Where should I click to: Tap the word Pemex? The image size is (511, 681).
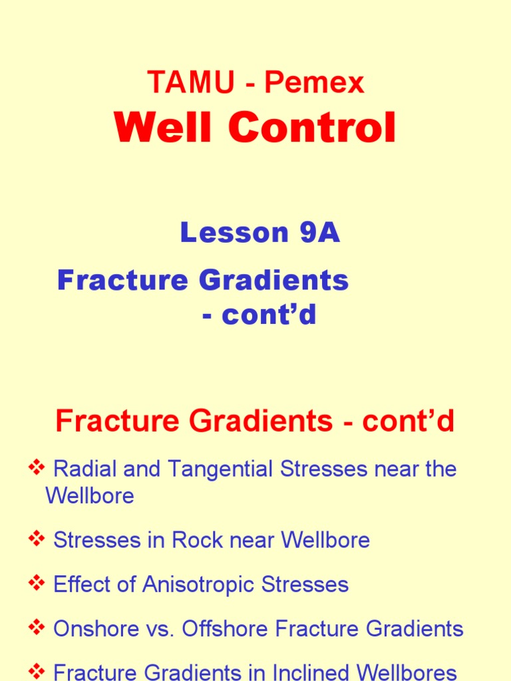(x=314, y=83)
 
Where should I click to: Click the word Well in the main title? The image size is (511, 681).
(x=158, y=128)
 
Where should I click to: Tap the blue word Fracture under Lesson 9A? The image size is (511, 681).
(x=112, y=281)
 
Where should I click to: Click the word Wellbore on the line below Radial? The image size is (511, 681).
(x=89, y=496)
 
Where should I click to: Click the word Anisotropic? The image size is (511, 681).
(x=194, y=585)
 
